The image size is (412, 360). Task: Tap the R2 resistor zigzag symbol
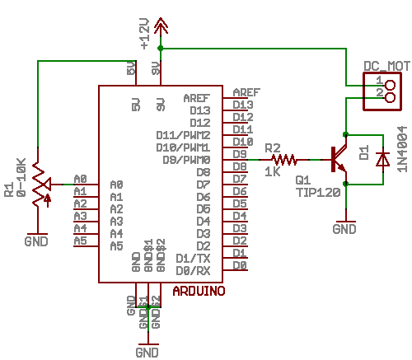tap(283, 159)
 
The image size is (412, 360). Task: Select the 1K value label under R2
tap(272, 172)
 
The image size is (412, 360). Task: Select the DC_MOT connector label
tap(386, 65)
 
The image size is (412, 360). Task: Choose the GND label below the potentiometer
tap(36, 241)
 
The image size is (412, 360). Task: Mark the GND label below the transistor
tap(344, 228)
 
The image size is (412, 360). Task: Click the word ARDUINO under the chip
tap(199, 291)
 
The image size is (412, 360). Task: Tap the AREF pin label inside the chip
tap(196, 97)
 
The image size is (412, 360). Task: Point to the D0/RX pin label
tap(194, 270)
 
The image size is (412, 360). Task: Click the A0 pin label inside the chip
tap(115, 185)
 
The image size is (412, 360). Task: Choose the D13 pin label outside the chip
tap(243, 105)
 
